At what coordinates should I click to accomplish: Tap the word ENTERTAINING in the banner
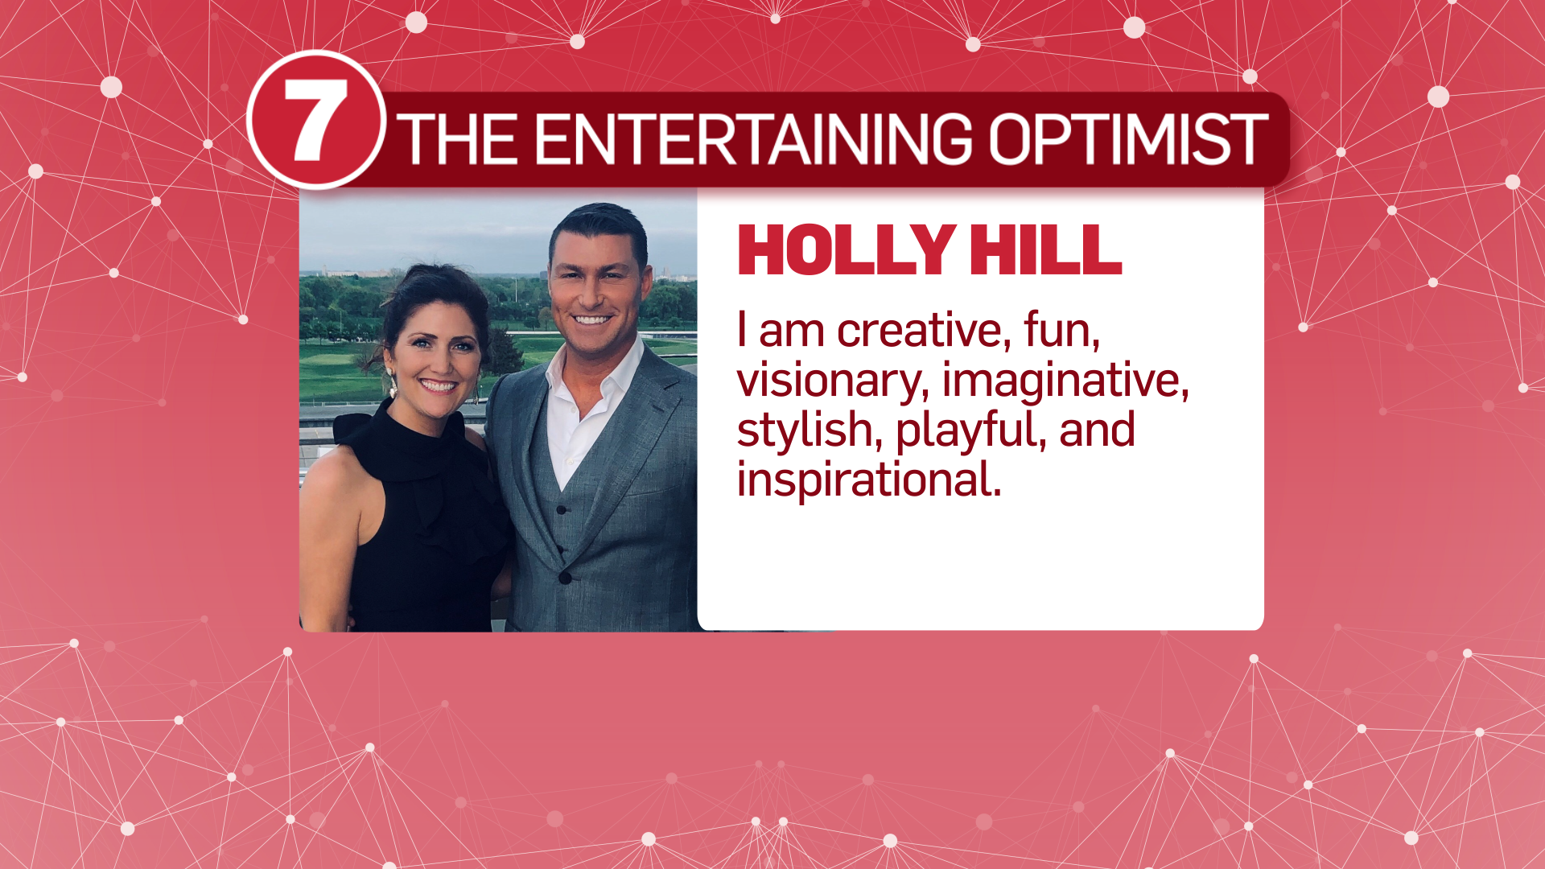753,138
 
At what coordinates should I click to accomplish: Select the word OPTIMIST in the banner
1128,138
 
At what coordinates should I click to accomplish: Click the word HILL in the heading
1046,250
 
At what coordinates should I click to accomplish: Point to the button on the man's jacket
565,578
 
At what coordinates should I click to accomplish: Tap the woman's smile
439,385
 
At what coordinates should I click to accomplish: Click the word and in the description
1098,430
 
